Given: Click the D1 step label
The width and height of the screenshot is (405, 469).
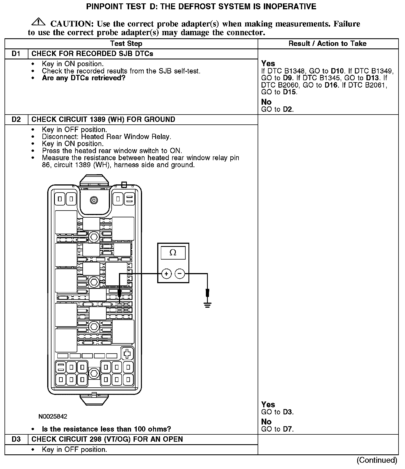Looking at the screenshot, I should pos(16,54).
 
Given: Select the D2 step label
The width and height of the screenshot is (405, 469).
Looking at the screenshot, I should pos(16,120).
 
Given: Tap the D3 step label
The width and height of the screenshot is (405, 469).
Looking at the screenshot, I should pos(16,439).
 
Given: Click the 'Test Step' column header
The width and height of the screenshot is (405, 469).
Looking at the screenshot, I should pos(126,44).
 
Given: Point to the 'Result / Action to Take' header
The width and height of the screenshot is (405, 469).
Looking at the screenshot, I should pos(328,44).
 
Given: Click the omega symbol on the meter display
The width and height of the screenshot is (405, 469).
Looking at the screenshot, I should pos(173,253).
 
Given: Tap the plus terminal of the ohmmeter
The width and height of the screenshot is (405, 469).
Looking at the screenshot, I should pos(166,274).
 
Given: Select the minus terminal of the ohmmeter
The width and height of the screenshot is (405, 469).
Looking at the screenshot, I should pos(180,274).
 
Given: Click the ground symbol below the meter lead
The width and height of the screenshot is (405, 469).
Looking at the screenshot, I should pos(208,305).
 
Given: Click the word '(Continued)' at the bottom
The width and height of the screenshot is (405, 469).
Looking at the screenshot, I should pos(377,460).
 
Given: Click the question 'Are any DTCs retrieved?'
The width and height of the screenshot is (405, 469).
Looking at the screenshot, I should pos(84,78).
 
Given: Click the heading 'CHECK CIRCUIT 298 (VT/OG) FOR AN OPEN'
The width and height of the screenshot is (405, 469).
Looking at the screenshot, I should pos(107,439).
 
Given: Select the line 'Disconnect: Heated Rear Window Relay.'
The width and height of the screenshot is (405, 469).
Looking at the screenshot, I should pos(107,137).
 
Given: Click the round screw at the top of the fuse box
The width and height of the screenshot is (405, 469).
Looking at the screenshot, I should pos(94,200).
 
